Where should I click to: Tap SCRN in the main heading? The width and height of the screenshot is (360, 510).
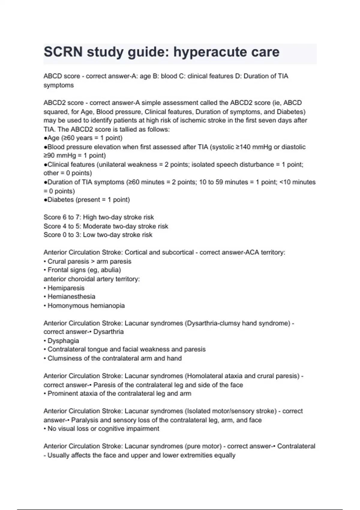pyautogui.click(x=63, y=52)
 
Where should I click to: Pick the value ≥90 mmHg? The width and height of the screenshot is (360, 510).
pyautogui.click(x=60, y=156)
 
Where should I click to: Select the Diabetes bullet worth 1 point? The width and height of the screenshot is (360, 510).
pyautogui.click(x=87, y=200)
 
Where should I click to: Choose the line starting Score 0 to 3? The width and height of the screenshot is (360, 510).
pyautogui.click(x=98, y=235)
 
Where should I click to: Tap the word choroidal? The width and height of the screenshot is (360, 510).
pyautogui.click(x=79, y=279)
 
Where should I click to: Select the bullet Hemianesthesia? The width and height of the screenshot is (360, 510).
pyautogui.click(x=71, y=297)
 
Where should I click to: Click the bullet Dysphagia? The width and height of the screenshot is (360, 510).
pyautogui.click(x=63, y=341)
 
